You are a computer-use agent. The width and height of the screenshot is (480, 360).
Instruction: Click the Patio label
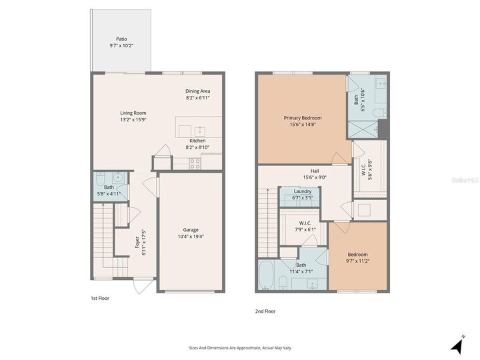click(121, 39)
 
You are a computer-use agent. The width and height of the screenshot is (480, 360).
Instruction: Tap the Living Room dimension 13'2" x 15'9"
click(133, 120)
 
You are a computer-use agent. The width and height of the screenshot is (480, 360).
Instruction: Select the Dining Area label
click(198, 91)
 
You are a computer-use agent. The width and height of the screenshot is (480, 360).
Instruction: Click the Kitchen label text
click(197, 141)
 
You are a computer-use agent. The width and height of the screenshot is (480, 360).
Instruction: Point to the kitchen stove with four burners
click(195, 163)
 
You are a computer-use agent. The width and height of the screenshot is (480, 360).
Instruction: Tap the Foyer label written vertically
click(136, 244)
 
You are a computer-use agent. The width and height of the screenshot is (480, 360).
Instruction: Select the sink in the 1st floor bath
click(117, 178)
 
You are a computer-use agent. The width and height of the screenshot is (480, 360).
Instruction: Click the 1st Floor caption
click(99, 299)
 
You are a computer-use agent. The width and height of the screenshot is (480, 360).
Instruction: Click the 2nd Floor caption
click(265, 311)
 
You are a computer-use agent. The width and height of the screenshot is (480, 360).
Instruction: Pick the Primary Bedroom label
click(302, 118)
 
